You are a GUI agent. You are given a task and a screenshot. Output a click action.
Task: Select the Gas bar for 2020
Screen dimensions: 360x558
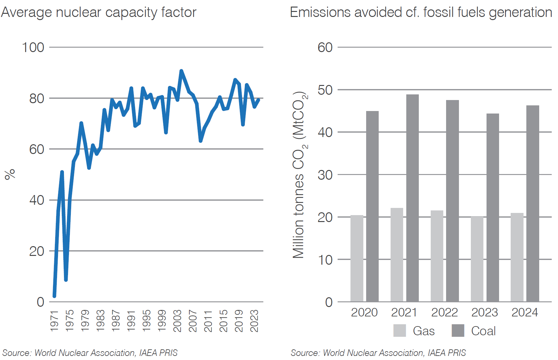(x=357, y=258)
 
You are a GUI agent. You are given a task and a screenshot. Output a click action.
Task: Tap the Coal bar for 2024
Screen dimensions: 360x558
(x=533, y=204)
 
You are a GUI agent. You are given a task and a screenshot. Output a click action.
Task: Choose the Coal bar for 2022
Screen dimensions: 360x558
(x=452, y=201)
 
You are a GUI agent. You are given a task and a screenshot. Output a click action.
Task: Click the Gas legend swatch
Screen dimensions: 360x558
(x=399, y=331)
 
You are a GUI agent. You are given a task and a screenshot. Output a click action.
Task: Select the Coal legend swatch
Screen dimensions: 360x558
(x=458, y=331)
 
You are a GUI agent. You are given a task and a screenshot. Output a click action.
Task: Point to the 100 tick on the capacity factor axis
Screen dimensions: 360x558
(x=33, y=47)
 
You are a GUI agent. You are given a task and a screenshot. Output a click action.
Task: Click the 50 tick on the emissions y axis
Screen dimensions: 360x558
(x=325, y=90)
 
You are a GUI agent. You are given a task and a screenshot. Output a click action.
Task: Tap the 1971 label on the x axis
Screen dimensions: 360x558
(x=54, y=321)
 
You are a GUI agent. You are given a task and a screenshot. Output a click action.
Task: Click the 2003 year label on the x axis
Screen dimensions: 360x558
(x=177, y=321)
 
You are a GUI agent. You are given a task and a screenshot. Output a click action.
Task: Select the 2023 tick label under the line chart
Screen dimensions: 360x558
(x=254, y=321)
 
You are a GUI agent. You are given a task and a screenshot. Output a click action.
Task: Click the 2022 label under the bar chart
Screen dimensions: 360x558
(x=444, y=312)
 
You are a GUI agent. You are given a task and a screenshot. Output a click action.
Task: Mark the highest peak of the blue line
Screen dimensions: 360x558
(x=181, y=71)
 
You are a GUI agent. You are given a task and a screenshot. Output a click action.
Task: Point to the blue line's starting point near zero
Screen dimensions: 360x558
(x=54, y=296)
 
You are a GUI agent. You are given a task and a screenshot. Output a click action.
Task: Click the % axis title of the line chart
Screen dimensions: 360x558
(x=10, y=174)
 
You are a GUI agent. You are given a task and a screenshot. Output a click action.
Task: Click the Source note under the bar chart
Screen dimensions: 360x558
(x=378, y=353)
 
